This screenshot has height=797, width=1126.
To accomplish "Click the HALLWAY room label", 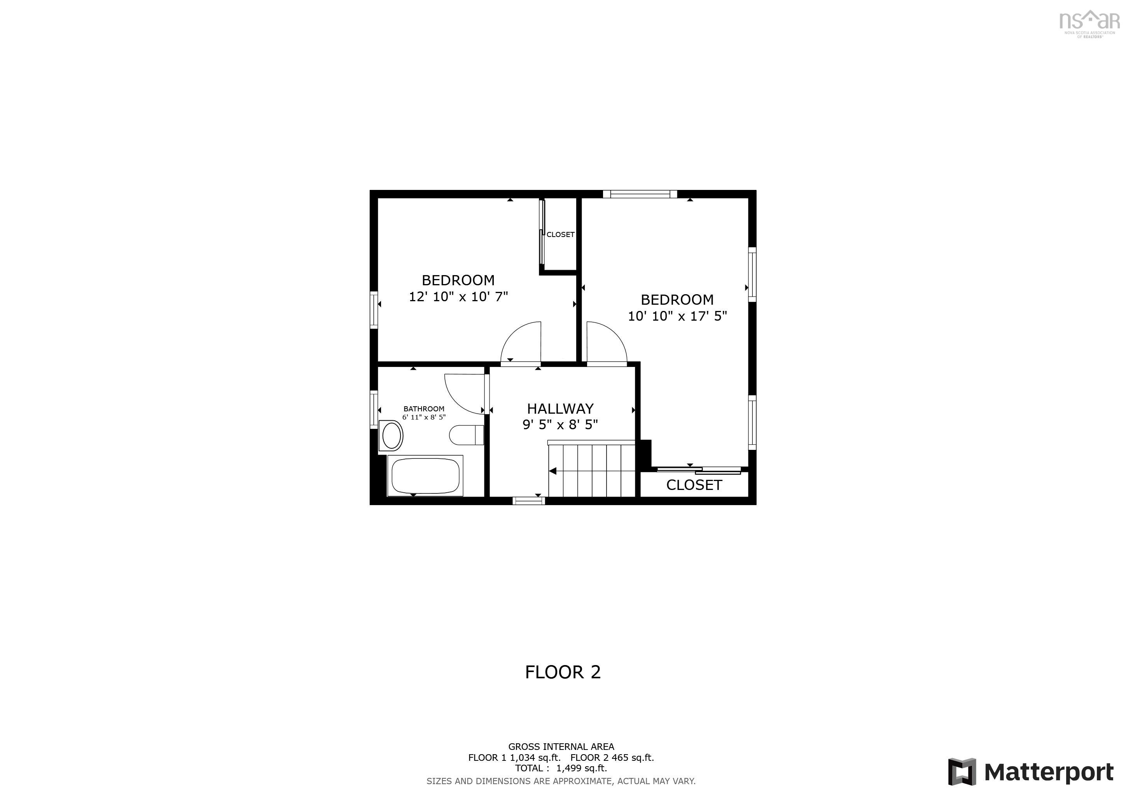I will coord(560,408).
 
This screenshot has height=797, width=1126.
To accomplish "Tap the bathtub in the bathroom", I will coord(425,476).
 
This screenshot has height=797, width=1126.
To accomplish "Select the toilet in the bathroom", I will coord(466,435).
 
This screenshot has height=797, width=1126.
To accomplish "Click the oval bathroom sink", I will coord(392,436).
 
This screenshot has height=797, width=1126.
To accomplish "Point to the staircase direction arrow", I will coord(553,471).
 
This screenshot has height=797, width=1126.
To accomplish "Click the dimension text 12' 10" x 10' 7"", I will coord(458,297).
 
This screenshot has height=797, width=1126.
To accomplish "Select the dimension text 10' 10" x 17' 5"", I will coord(677,316).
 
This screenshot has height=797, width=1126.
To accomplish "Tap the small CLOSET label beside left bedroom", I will coord(560,235).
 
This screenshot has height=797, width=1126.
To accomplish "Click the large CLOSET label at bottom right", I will coord(694,485).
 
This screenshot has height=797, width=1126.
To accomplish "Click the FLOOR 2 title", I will coord(563,672).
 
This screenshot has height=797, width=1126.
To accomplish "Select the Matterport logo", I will coord(1030,772).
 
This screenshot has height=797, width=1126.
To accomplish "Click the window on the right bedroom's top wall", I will coord(640,194).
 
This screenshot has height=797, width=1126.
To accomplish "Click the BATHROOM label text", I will coord(424,409).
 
